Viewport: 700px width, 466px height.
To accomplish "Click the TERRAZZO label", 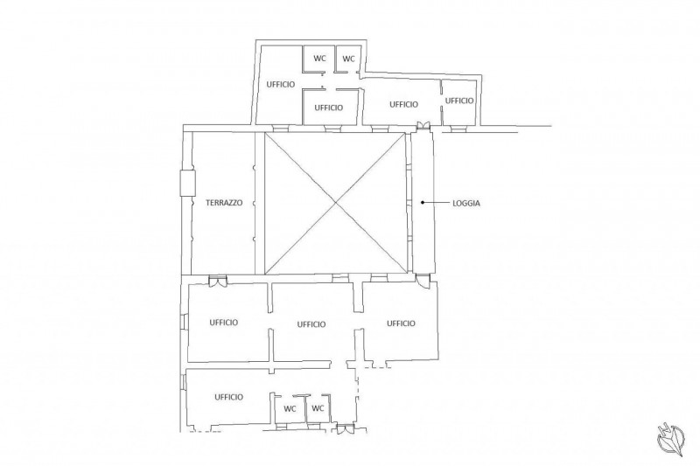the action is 224,203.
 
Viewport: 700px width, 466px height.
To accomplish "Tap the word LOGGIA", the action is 466,204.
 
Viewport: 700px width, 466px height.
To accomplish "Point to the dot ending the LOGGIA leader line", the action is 423,203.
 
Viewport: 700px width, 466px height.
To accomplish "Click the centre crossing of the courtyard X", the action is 336,204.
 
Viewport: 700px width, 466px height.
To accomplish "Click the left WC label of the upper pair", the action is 319,59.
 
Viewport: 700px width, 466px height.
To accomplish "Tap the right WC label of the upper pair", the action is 348,59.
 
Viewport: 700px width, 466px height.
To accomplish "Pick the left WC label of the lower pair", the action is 290,408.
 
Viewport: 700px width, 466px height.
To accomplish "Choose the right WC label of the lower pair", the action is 318,408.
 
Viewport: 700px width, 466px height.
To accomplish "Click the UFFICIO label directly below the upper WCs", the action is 329,108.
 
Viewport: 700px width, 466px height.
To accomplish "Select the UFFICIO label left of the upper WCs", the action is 281,84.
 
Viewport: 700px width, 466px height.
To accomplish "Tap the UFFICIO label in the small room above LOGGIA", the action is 459,101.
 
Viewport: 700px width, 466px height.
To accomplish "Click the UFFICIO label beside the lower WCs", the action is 228,397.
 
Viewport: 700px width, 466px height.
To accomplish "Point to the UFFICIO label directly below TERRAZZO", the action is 224,323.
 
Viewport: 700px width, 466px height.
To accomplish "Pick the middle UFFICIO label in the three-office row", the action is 311,324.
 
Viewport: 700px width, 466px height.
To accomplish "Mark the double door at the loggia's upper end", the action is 423,125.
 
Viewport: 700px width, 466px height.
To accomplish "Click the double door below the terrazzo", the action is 218,281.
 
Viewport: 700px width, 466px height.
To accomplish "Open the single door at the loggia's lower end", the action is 423,281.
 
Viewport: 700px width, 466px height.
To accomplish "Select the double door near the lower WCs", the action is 346,429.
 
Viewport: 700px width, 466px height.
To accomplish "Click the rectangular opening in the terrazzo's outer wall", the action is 187,183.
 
